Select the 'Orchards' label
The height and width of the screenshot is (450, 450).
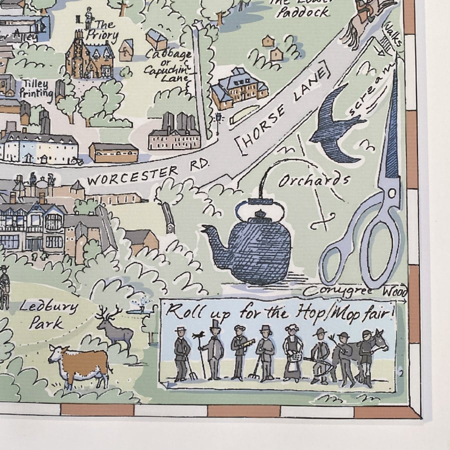[x=313, y=180]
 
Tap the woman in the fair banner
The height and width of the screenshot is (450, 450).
[x=291, y=352]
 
